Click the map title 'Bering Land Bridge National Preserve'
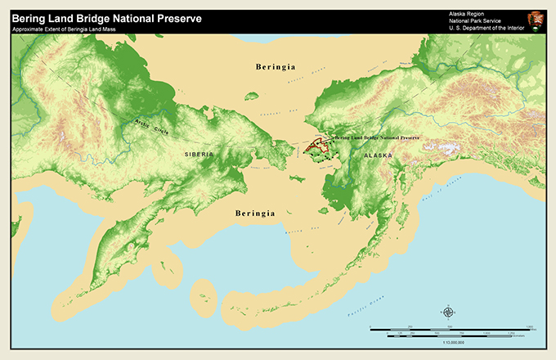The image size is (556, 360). [x=106, y=18]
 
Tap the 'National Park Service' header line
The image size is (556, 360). [x=474, y=20]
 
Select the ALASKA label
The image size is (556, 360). [x=378, y=155]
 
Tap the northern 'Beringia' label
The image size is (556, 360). [x=274, y=66]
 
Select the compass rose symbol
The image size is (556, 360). [x=448, y=312]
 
